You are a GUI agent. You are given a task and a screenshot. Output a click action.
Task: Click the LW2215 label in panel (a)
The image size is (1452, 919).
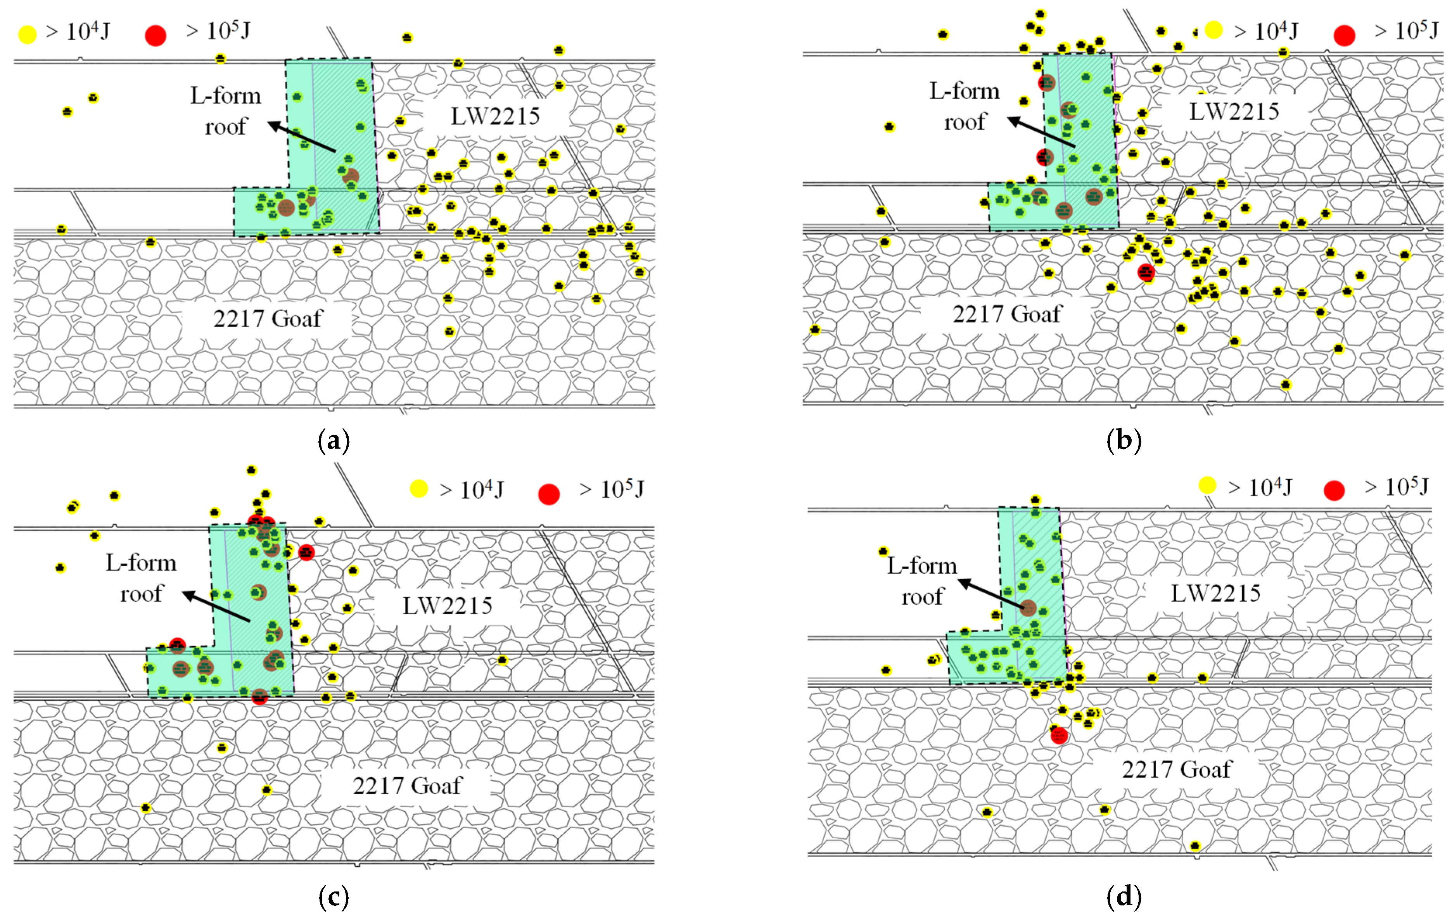tap(495, 116)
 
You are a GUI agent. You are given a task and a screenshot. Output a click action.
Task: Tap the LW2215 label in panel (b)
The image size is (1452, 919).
tap(1234, 112)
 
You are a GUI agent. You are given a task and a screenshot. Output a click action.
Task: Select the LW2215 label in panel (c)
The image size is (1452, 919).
tap(448, 605)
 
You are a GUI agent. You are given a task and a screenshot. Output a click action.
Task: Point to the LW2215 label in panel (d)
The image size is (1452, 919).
tap(1216, 593)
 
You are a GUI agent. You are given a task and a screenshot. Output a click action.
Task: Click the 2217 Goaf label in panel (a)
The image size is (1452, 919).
tap(268, 318)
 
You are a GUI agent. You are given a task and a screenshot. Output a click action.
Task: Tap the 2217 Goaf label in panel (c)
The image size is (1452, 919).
tap(408, 786)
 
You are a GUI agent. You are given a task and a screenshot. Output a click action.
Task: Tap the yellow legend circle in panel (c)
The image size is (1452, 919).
tap(418, 489)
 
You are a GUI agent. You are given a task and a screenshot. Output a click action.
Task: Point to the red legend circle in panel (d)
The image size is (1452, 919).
tap(1334, 490)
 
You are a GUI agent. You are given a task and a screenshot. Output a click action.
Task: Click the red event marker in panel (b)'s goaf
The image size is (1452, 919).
tap(1146, 273)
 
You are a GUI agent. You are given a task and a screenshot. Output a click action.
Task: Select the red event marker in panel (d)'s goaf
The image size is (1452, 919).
tap(1059, 736)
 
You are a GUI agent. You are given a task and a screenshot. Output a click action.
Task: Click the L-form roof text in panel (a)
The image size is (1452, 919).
tap(226, 111)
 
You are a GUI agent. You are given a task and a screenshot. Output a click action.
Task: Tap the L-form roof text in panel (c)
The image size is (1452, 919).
tap(141, 578)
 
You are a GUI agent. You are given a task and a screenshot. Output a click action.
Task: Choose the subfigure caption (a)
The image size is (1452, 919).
tap(334, 441)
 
